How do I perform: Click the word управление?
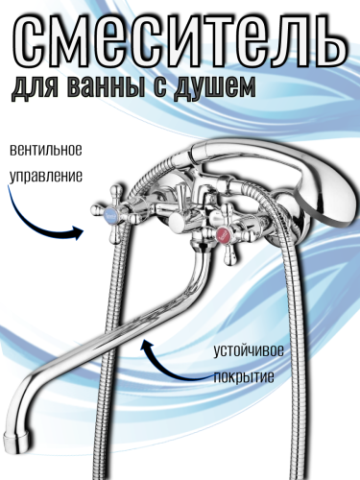[46, 177]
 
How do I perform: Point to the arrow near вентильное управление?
[48, 221]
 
